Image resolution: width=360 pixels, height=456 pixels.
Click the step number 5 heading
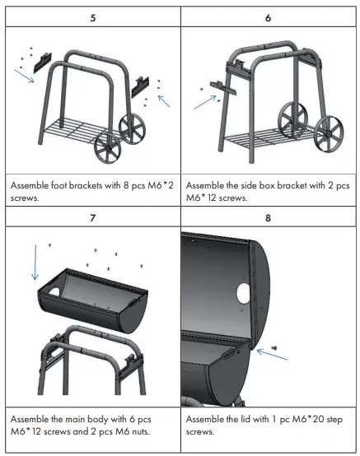[x=92, y=16]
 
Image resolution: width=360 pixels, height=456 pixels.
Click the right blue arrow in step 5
[x=166, y=101]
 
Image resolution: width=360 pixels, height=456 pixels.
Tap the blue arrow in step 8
[x=265, y=351]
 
